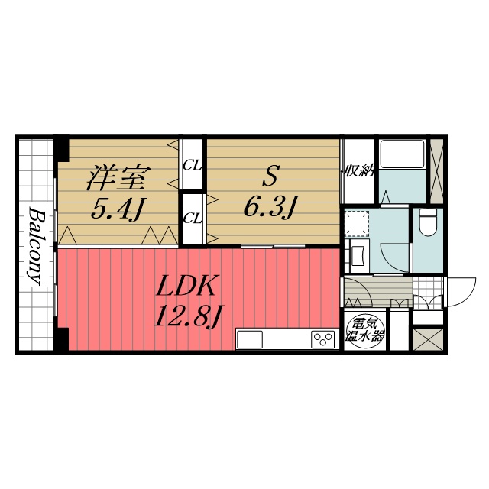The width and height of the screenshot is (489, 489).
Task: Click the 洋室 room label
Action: [118, 178]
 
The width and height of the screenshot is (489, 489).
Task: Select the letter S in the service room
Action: [270, 175]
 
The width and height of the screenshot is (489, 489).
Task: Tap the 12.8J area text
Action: [188, 316]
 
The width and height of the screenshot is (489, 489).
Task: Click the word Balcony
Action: [36, 246]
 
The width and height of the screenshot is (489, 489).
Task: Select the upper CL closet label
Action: [192, 165]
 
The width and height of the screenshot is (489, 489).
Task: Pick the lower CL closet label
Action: [192, 219]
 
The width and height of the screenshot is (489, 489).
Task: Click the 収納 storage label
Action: [359, 171]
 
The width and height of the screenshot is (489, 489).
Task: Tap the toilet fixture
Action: [428, 222]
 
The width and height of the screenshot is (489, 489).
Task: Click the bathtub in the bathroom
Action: [402, 154]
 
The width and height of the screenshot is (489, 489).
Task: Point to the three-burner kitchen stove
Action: [323, 339]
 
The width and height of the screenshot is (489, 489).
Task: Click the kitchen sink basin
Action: [250, 339]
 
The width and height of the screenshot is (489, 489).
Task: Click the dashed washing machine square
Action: [357, 223]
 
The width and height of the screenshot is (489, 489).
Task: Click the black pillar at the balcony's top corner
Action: [62, 149]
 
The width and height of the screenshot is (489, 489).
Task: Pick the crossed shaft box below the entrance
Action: [428, 339]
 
